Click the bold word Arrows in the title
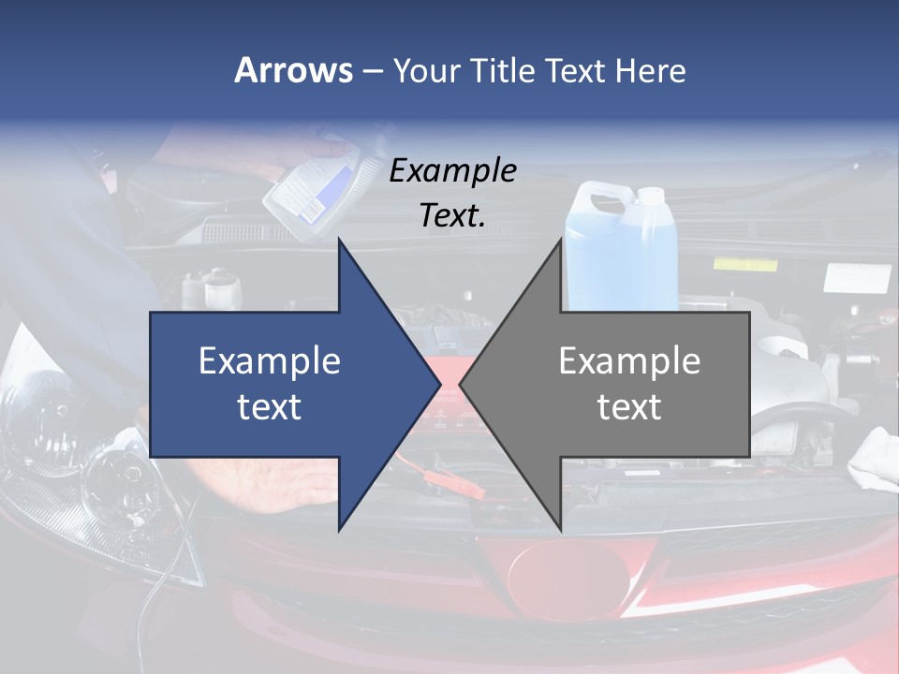point(294,71)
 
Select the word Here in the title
point(650,71)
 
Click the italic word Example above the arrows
point(453,171)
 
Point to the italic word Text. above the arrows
point(453,215)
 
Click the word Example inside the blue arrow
point(270,361)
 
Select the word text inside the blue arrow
point(270,407)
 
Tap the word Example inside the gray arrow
point(629,361)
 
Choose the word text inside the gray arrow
point(629,407)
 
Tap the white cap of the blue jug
point(650,196)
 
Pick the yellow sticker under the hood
point(744,264)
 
